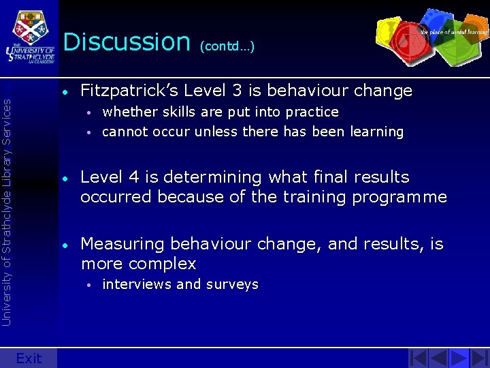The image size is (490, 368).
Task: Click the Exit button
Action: pos(29,358)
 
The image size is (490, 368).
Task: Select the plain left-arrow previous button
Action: pos(439,358)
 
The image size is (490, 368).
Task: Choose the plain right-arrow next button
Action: pos(459,358)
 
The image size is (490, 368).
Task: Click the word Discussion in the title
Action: pos(126,42)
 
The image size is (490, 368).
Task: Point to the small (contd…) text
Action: pos(227,47)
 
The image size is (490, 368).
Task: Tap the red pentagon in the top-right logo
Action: pos(409,40)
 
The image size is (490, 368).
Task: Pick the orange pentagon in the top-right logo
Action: pos(470,31)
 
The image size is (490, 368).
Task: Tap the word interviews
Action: pos(136,284)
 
